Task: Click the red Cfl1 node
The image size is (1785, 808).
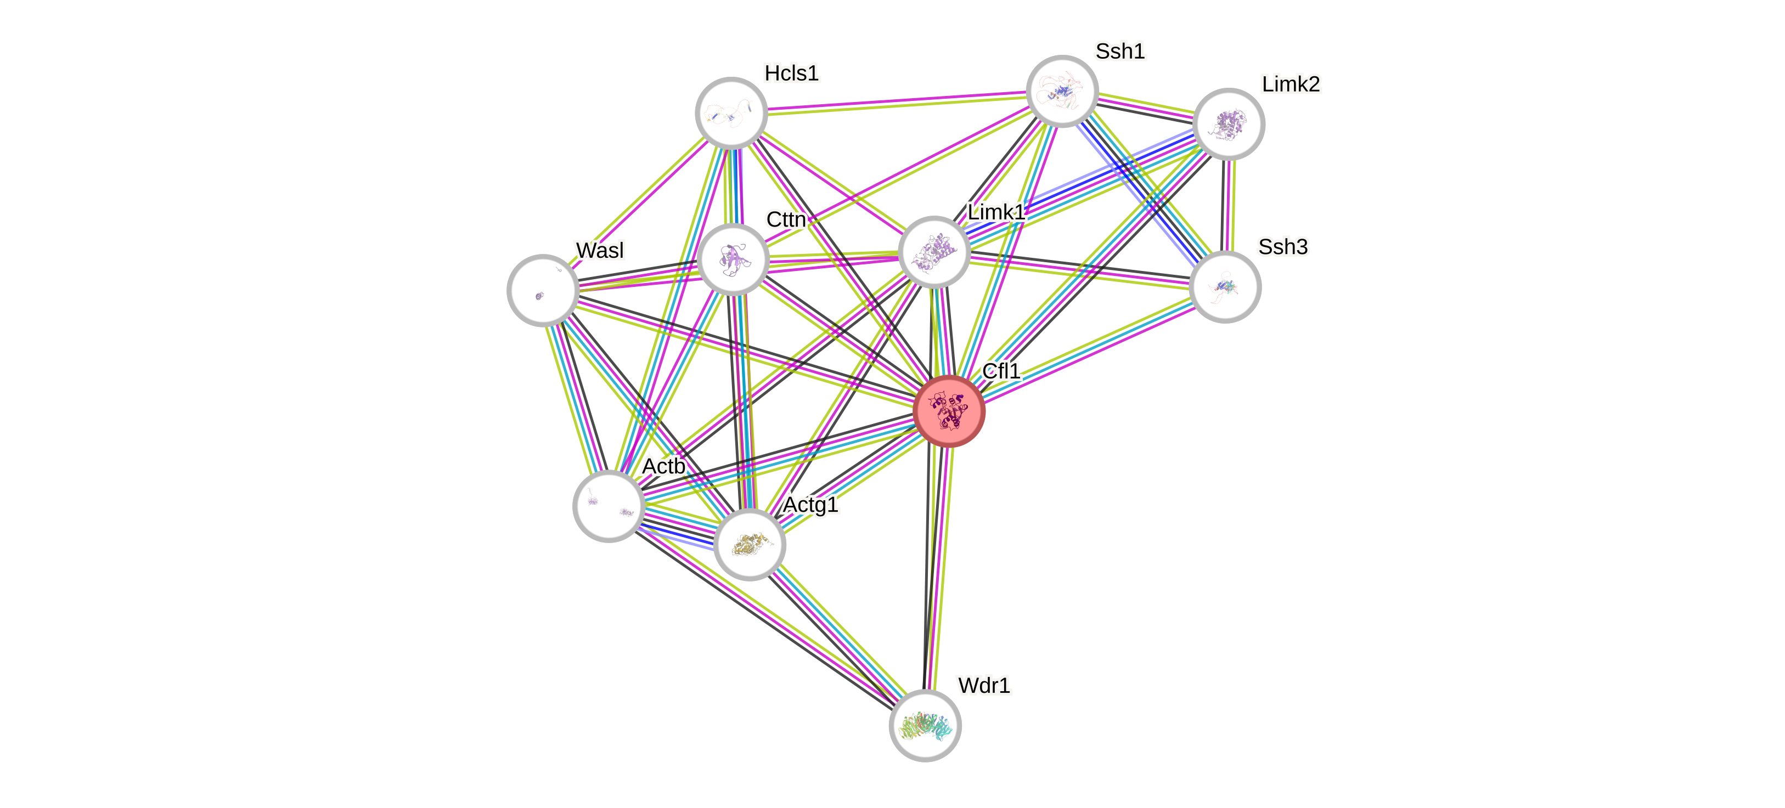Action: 949,411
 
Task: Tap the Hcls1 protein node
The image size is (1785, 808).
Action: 731,113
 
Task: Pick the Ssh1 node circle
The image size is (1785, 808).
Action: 1062,91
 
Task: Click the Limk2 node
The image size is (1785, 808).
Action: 1229,124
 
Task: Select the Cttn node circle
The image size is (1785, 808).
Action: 734,258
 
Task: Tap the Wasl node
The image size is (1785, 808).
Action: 543,290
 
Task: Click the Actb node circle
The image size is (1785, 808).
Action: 609,506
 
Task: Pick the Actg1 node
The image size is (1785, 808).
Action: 750,544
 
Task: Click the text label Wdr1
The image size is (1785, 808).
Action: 984,685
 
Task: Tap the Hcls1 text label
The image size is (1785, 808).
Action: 791,73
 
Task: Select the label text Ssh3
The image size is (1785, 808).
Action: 1282,247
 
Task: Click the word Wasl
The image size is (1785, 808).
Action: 599,250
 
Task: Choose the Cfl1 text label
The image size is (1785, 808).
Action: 1001,371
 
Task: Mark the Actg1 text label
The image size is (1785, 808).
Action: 810,505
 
